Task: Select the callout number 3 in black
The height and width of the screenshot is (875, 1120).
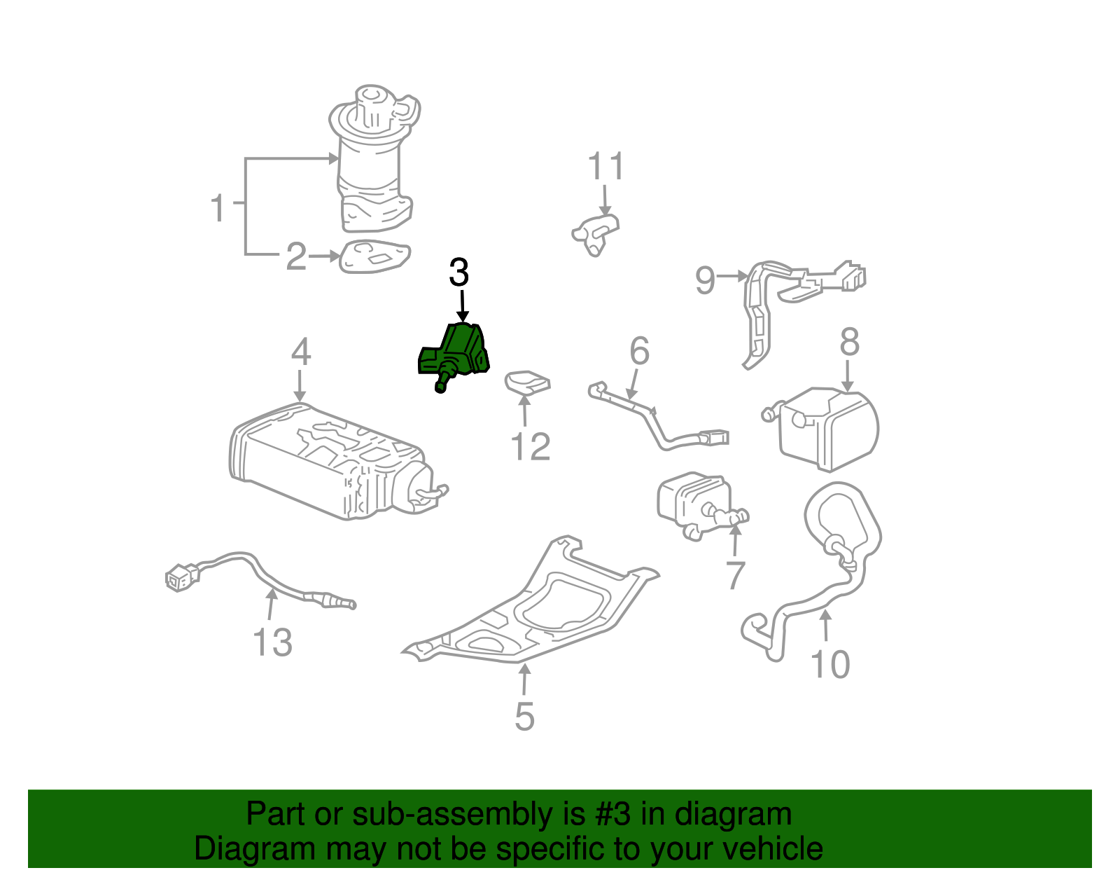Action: coord(459,273)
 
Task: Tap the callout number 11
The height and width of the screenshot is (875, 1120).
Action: coord(605,167)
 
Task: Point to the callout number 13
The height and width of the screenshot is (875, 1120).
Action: coord(272,642)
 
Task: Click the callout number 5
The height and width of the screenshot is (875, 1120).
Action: coord(524,717)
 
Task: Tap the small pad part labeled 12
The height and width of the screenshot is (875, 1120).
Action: coord(527,382)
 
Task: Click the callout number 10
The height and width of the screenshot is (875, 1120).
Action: coord(830,664)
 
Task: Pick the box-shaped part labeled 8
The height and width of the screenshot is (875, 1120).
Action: coord(829,428)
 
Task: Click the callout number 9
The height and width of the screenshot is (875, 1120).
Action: coord(706,280)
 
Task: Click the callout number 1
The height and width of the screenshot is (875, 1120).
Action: coord(219,208)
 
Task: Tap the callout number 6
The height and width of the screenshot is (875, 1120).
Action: coord(639,351)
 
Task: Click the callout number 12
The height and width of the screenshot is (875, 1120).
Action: coord(531,446)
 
